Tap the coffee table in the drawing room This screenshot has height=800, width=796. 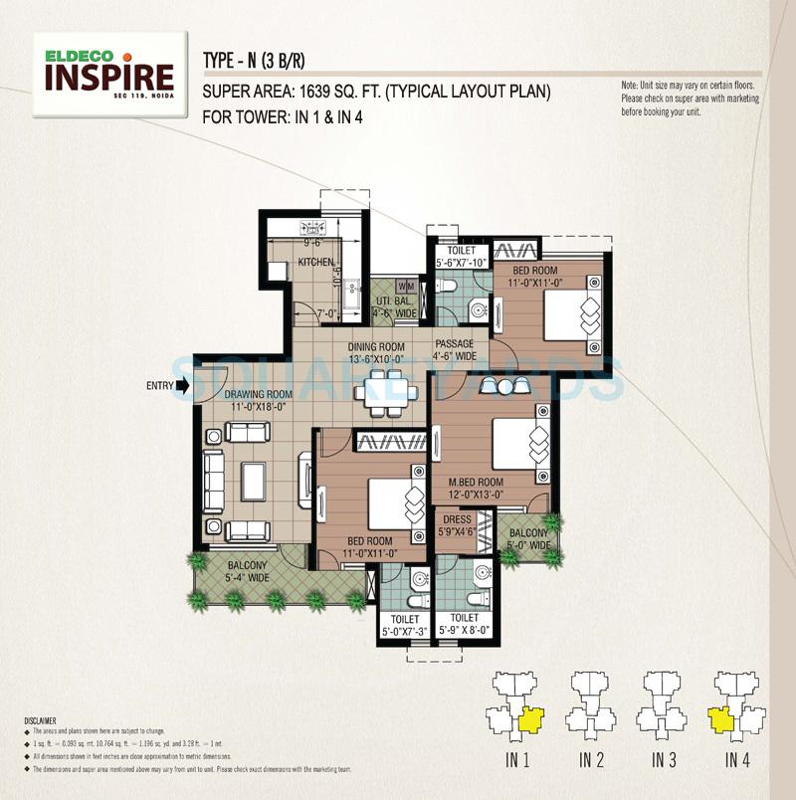click(253, 482)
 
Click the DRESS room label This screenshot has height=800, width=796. click(458, 518)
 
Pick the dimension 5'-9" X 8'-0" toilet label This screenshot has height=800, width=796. click(466, 629)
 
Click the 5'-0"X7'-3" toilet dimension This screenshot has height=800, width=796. click(405, 629)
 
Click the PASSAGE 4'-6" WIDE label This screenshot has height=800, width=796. click(455, 349)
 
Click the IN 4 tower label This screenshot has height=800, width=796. click(736, 761)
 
